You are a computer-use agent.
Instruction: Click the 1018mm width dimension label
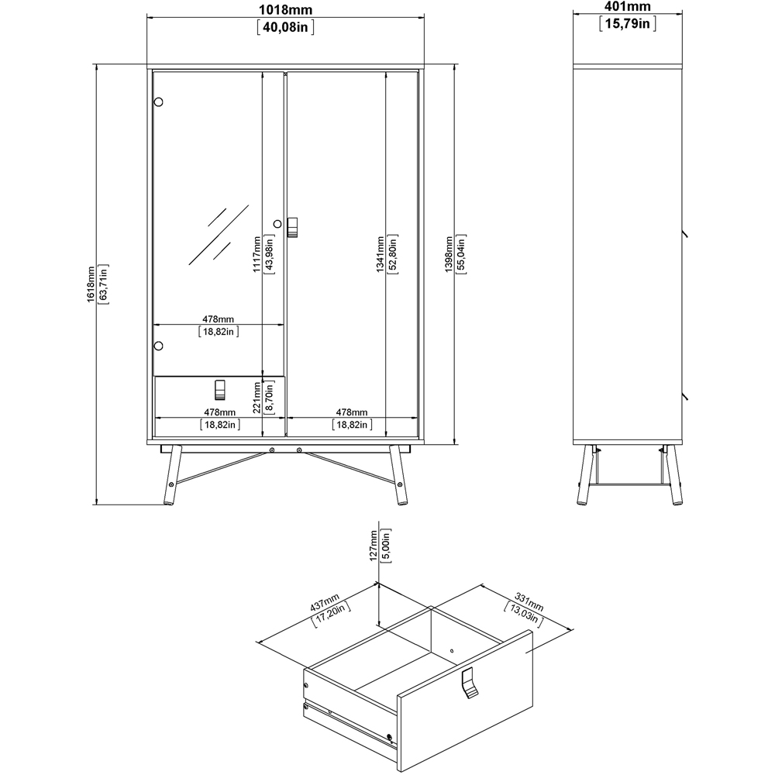tap(286, 10)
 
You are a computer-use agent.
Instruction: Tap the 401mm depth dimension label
tap(627, 7)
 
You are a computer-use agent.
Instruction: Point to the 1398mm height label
tap(449, 254)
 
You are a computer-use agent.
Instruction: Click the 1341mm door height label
tap(380, 254)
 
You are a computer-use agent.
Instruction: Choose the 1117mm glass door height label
tap(257, 254)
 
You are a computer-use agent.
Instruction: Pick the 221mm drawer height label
tap(257, 398)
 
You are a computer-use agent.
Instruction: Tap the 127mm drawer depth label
tap(374, 545)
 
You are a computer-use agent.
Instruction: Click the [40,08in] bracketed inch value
tap(286, 26)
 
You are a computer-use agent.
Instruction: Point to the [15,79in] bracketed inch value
tap(628, 23)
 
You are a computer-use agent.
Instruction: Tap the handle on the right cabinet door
tap(293, 227)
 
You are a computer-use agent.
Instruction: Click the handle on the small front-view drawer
tap(220, 390)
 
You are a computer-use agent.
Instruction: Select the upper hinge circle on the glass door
tap(158, 102)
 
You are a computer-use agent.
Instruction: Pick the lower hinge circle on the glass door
tap(158, 346)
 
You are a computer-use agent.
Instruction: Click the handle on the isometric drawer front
tap(470, 683)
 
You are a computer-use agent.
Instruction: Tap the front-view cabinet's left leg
tap(172, 475)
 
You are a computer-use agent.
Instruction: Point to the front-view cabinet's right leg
tap(399, 475)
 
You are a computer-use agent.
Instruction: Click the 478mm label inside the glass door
tap(218, 319)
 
